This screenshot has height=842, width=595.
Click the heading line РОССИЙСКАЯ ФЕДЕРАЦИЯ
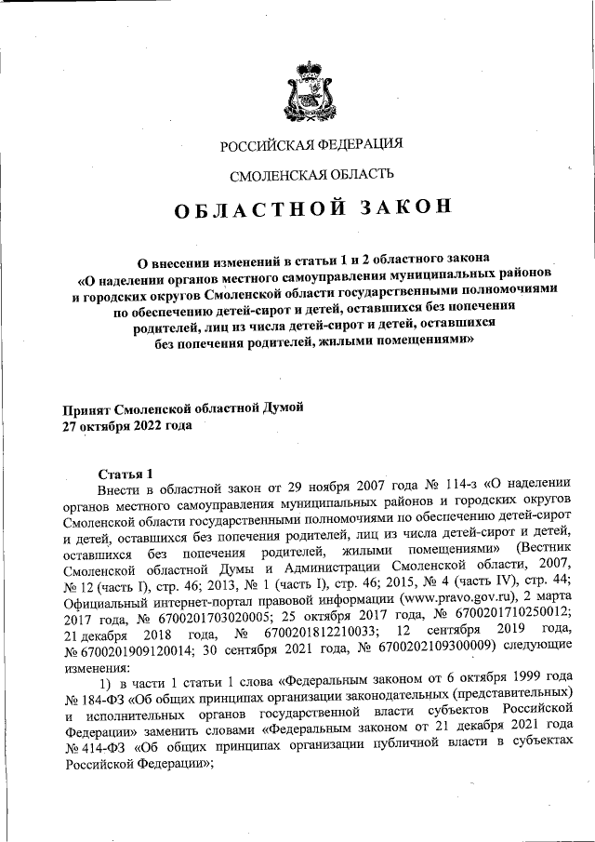311,144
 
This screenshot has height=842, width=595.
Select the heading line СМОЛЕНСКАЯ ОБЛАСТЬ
311,174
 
